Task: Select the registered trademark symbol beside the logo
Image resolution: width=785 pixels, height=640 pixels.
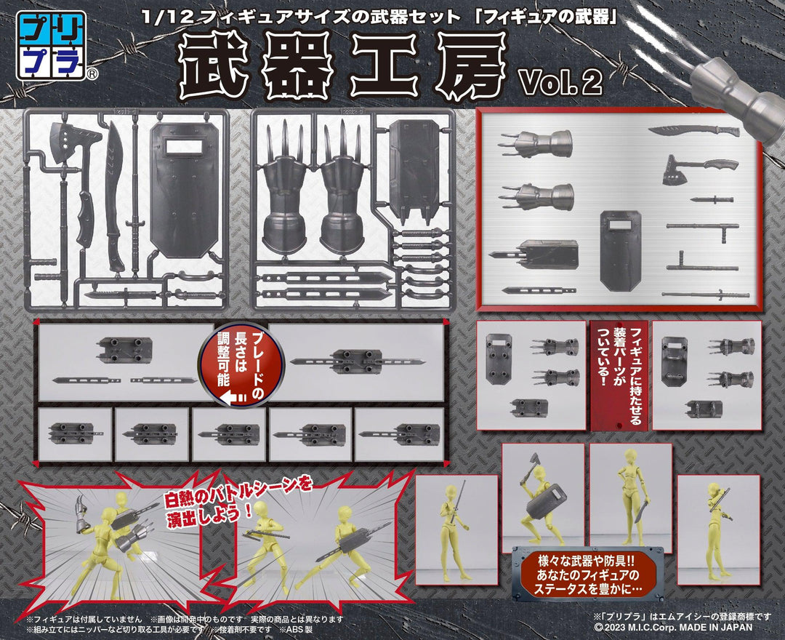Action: [92, 74]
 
